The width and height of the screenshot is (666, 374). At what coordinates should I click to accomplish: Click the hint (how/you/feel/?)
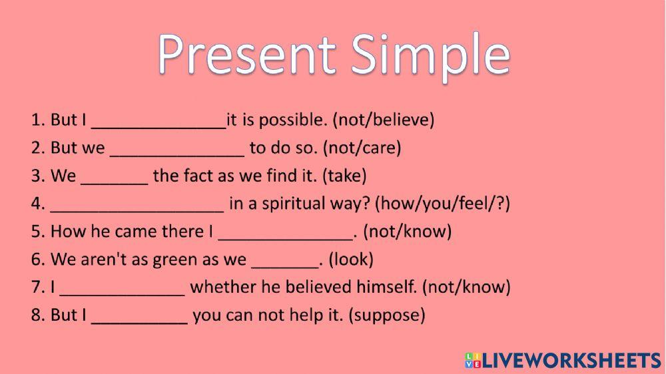[x=442, y=204]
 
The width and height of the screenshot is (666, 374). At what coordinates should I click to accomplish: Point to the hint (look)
[x=351, y=260]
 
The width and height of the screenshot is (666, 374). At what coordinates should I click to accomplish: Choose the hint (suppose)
[x=386, y=315]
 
